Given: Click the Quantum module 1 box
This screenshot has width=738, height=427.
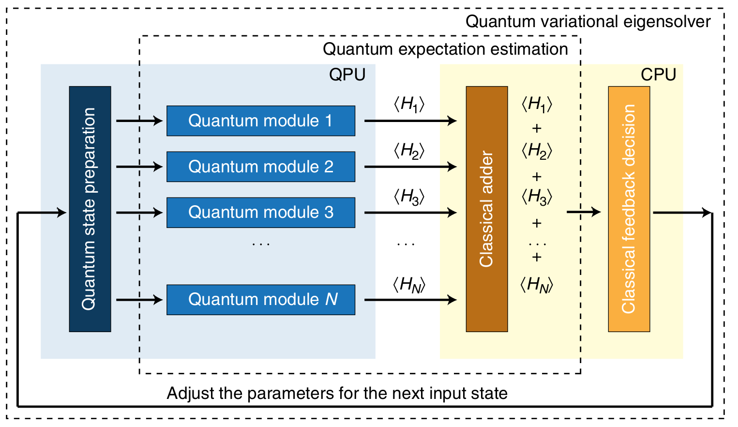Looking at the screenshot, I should pyautogui.click(x=260, y=121).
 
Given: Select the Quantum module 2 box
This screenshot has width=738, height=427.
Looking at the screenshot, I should pyautogui.click(x=260, y=167).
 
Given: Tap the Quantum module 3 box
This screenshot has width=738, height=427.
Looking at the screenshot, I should pyautogui.click(x=260, y=212).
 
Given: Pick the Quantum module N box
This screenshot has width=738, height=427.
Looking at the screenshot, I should pyautogui.click(x=260, y=300).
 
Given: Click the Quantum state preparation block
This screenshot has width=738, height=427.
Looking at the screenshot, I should pyautogui.click(x=90, y=209).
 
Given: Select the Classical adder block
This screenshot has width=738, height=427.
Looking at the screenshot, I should pyautogui.click(x=486, y=209).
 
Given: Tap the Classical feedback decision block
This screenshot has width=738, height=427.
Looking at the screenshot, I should pyautogui.click(x=629, y=209).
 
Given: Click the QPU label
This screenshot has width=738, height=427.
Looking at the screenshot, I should pyautogui.click(x=347, y=75).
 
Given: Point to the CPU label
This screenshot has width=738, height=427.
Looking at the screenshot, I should pyautogui.click(x=658, y=75).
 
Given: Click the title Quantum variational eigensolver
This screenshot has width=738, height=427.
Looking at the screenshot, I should pyautogui.click(x=587, y=22).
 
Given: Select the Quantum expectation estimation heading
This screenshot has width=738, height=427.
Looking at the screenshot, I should pyautogui.click(x=445, y=49).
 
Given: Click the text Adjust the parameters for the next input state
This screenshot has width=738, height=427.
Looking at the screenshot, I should pyautogui.click(x=337, y=393).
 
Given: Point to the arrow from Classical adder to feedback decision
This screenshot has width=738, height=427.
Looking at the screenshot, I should pyautogui.click(x=583, y=212).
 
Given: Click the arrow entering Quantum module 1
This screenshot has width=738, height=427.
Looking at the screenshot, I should pyautogui.click(x=139, y=121).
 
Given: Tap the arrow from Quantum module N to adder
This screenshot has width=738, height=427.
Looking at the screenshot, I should pyautogui.click(x=410, y=300).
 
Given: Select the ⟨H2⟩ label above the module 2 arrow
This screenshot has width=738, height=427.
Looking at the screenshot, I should pyautogui.click(x=409, y=151).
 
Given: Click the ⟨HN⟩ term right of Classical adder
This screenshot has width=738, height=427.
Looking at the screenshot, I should pyautogui.click(x=536, y=285).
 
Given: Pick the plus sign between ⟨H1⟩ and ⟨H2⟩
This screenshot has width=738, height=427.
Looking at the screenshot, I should pyautogui.click(x=536, y=128).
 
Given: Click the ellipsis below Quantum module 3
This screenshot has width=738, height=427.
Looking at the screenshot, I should pyautogui.click(x=261, y=244).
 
